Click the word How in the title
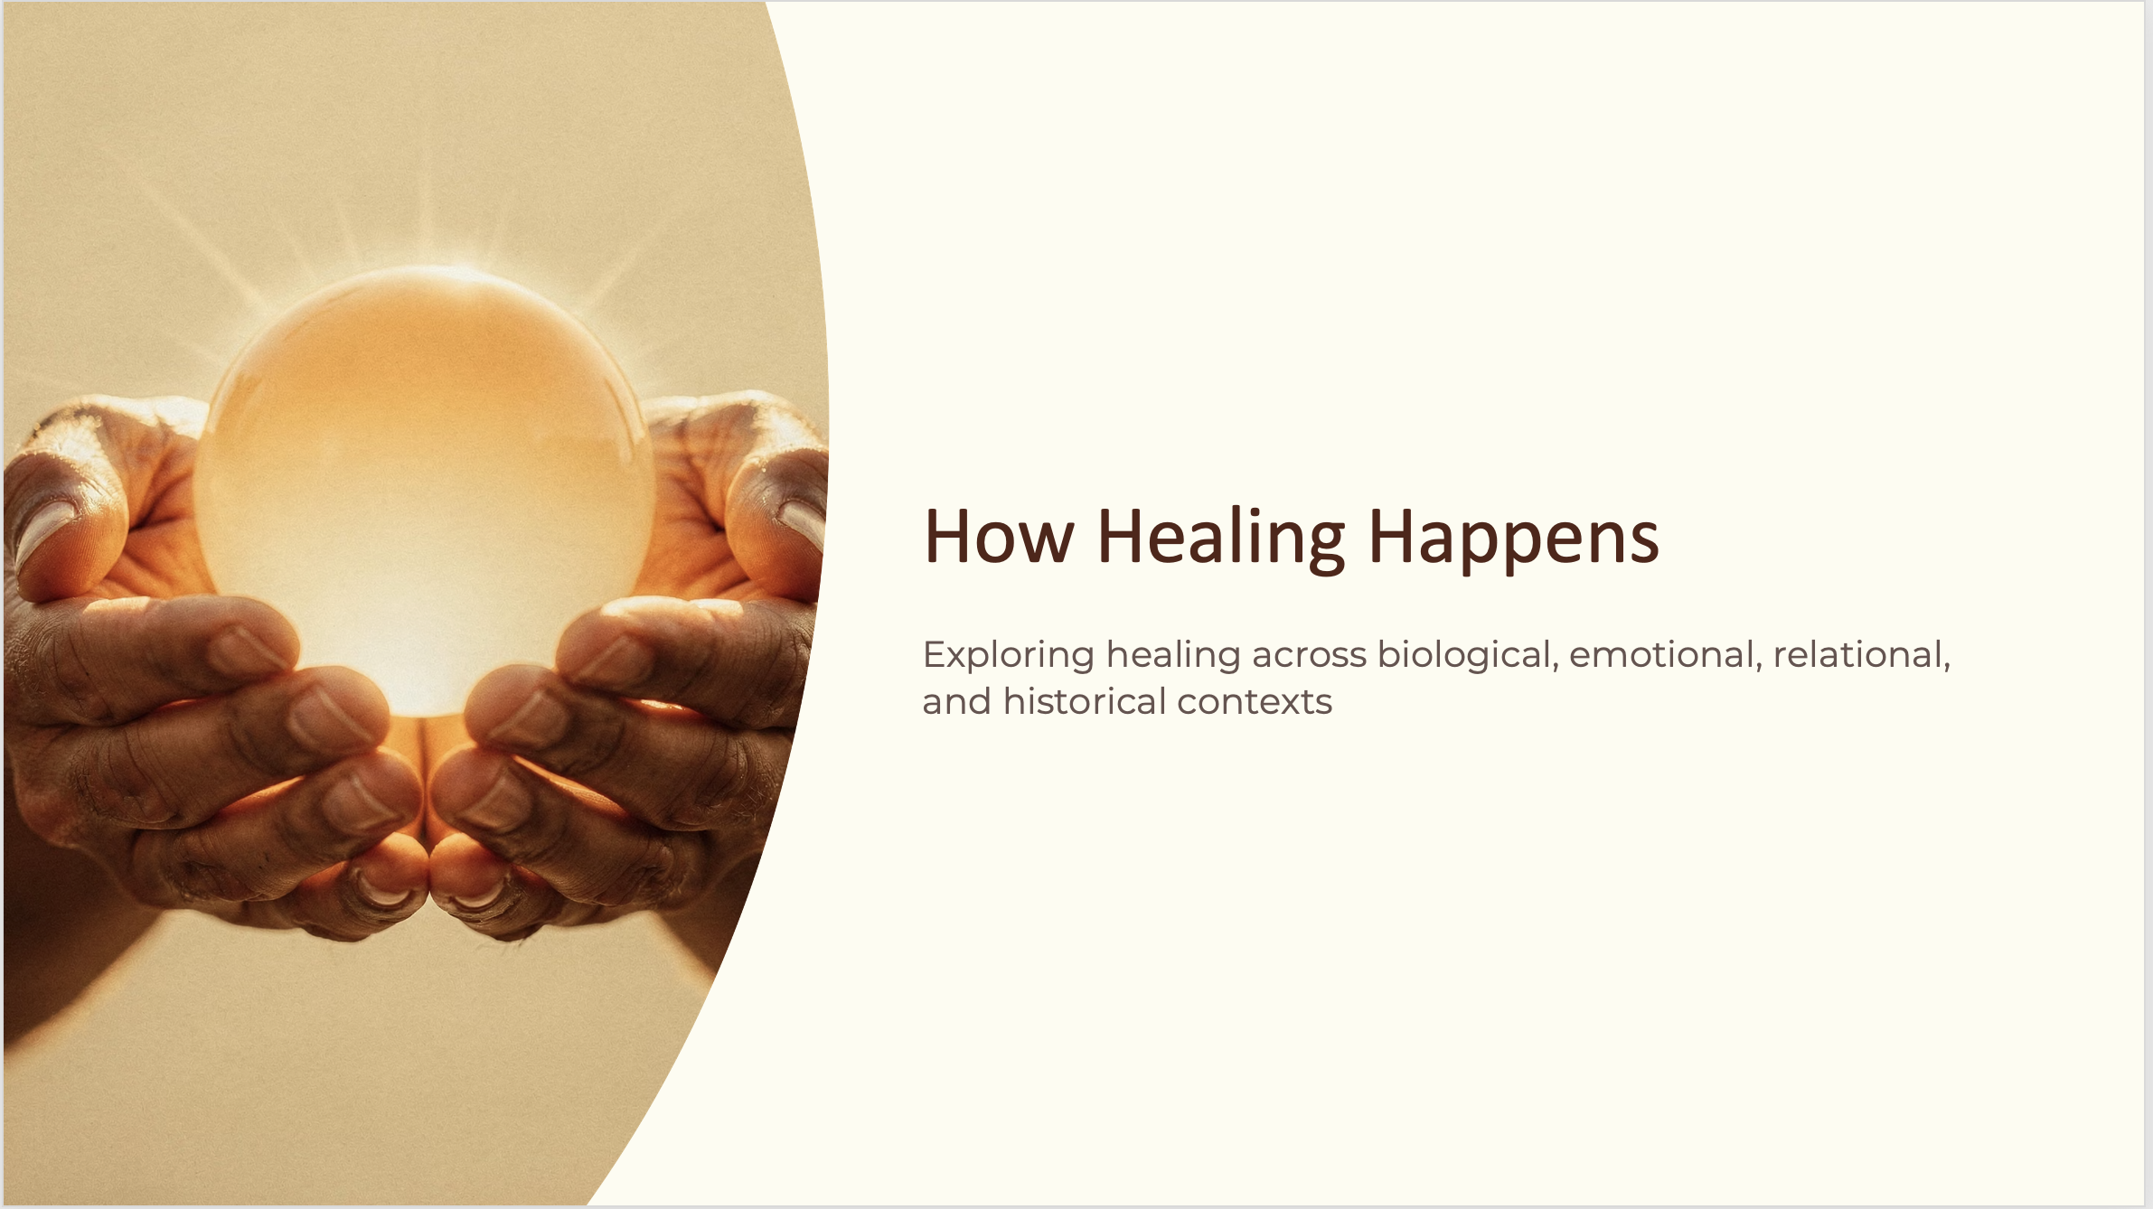(999, 537)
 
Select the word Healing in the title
(1221, 539)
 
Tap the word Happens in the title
(1514, 539)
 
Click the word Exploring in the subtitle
(1009, 656)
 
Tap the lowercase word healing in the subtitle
(1173, 656)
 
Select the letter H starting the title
(947, 537)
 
